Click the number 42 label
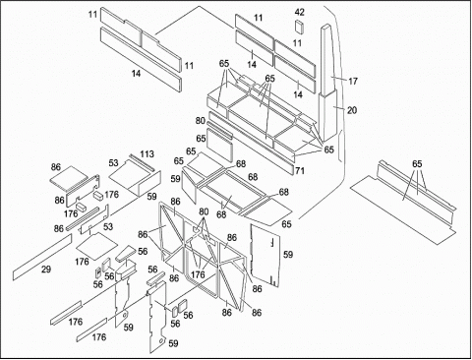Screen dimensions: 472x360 (x=300, y=12)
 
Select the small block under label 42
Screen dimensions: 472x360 (x=300, y=27)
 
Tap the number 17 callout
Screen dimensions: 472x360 (x=352, y=81)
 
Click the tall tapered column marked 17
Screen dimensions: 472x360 (x=328, y=59)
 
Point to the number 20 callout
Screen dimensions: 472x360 (x=352, y=110)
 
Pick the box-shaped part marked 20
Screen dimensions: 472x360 (x=327, y=115)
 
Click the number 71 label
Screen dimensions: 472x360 (x=300, y=170)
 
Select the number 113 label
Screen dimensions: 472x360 (x=147, y=153)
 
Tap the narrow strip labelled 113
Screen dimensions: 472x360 (x=142, y=162)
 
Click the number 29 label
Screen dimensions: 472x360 (x=46, y=270)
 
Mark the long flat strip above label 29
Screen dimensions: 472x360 (x=42, y=257)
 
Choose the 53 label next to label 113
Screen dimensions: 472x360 (x=113, y=163)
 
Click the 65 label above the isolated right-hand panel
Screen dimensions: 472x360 (x=417, y=164)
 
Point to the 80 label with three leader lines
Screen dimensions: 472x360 (x=204, y=211)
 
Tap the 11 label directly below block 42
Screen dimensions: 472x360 (x=297, y=43)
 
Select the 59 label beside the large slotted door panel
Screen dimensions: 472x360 (x=288, y=254)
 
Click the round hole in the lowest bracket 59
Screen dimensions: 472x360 (x=160, y=341)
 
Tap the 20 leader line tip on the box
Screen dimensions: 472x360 (x=333, y=106)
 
